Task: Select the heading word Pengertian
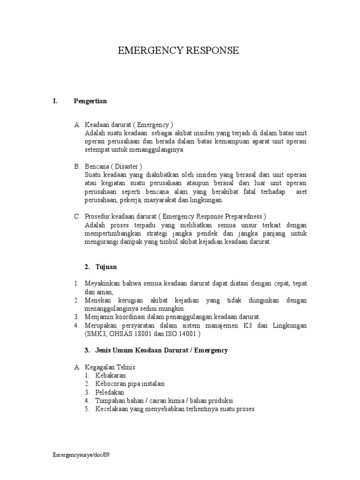90,101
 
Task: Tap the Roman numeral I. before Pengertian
55,101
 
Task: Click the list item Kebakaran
111,375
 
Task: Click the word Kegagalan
101,367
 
